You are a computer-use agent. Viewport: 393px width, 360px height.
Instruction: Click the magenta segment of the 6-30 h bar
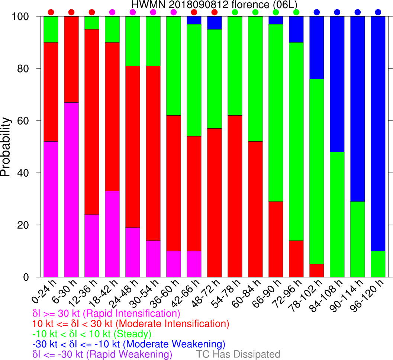[71, 190]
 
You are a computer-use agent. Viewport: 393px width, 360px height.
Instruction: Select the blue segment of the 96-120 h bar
[378, 134]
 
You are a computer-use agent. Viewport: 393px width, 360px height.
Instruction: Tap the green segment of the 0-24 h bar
[51, 29]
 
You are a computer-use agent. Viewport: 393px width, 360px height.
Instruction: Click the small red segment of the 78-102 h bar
[316, 270]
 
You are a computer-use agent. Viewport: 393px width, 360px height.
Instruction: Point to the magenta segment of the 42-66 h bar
[194, 264]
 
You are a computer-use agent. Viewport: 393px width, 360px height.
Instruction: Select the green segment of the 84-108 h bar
[337, 215]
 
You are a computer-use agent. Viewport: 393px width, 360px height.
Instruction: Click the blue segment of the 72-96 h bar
[296, 29]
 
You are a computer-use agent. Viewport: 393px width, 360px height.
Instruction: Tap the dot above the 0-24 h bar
[51, 12]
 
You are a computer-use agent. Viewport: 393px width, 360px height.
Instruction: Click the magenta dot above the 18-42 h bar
[112, 12]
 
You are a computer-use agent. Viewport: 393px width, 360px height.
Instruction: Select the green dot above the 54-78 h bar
[235, 12]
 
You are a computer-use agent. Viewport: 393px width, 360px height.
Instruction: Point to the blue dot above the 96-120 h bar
[378, 12]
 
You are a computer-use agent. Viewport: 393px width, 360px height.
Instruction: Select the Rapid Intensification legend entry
[106, 313]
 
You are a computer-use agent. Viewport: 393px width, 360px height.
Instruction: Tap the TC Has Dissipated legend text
[238, 354]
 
